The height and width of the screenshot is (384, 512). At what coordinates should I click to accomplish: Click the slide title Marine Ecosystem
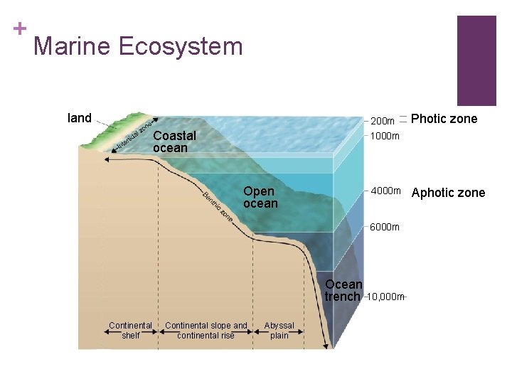[138, 47]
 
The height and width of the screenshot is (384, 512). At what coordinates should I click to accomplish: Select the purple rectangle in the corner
[476, 60]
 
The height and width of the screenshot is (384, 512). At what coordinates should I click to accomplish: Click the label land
[79, 118]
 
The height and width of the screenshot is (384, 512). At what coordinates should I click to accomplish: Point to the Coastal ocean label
[174, 142]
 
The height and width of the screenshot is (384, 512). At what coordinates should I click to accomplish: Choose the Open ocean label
[260, 197]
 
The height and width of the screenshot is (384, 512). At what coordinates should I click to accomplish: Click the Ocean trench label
[343, 290]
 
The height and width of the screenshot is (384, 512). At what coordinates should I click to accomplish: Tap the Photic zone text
[444, 119]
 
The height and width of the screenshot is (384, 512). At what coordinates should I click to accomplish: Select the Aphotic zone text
[448, 193]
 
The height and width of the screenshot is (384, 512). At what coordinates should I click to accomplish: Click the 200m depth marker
[383, 122]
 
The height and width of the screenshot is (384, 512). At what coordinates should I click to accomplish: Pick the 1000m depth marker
[385, 136]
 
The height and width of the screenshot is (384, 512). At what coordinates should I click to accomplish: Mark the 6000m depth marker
[385, 227]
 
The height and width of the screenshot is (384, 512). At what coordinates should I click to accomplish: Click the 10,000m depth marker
[385, 297]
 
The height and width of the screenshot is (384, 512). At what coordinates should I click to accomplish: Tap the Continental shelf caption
[130, 331]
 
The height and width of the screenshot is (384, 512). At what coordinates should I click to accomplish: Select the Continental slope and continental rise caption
[206, 331]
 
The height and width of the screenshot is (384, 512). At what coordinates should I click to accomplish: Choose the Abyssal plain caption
[279, 331]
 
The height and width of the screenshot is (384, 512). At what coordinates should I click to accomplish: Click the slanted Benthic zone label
[218, 206]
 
